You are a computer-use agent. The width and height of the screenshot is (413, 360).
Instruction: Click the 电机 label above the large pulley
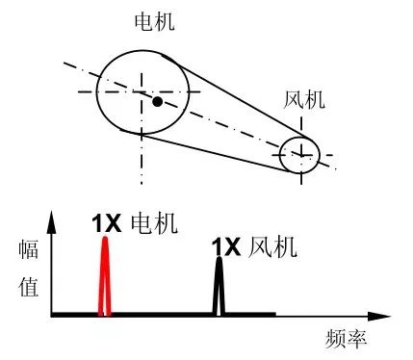154,20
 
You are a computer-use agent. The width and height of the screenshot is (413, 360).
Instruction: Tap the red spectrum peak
105,279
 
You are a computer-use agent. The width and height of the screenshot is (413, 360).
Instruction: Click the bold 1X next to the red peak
106,222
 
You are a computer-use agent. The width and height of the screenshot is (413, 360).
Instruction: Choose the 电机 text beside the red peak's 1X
152,222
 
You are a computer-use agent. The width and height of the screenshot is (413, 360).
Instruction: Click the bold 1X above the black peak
225,248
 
